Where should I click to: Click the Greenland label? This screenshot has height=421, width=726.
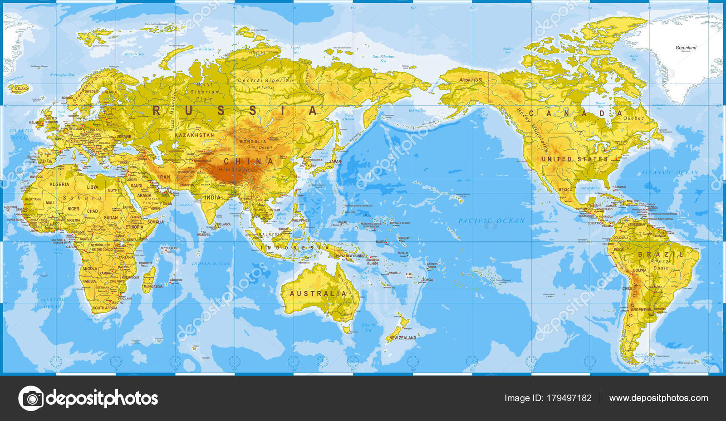click(686, 48)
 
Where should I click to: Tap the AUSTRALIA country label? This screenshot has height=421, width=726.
click(318, 294)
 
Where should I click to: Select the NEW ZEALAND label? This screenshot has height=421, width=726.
click(402, 338)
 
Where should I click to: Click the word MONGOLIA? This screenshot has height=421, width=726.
click(253, 142)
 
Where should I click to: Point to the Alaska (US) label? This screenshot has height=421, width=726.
click(471, 80)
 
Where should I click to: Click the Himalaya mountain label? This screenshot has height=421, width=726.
click(234, 169)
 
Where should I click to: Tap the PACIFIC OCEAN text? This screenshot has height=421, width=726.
click(491, 221)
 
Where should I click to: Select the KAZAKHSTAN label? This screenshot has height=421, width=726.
click(195, 135)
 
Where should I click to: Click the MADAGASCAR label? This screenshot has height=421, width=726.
click(153, 287)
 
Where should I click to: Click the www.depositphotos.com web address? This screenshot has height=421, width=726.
click(658, 398)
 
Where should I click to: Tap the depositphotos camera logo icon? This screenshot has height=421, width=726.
click(31, 398)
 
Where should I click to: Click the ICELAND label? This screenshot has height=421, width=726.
click(21, 88)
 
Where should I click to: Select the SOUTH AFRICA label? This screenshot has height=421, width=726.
click(105, 308)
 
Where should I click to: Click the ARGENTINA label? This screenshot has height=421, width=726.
click(641, 310)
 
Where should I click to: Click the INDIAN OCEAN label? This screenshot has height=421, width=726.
click(211, 264)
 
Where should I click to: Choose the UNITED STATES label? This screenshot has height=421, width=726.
click(574, 159)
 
